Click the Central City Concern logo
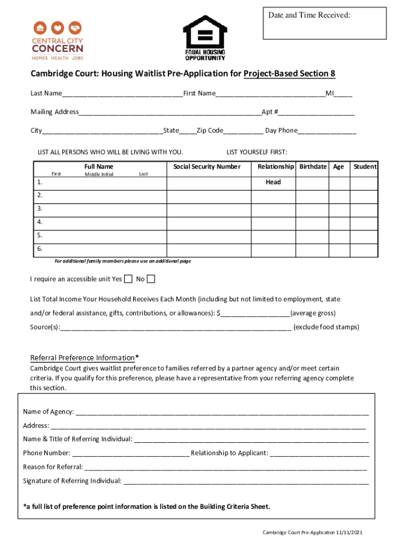(58, 41)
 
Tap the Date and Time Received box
(324, 23)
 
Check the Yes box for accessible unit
(128, 279)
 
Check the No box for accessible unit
(151, 279)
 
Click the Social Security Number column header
(207, 167)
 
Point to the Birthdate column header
(313, 167)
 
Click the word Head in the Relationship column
(273, 182)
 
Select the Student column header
(365, 167)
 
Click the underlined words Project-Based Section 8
(289, 74)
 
